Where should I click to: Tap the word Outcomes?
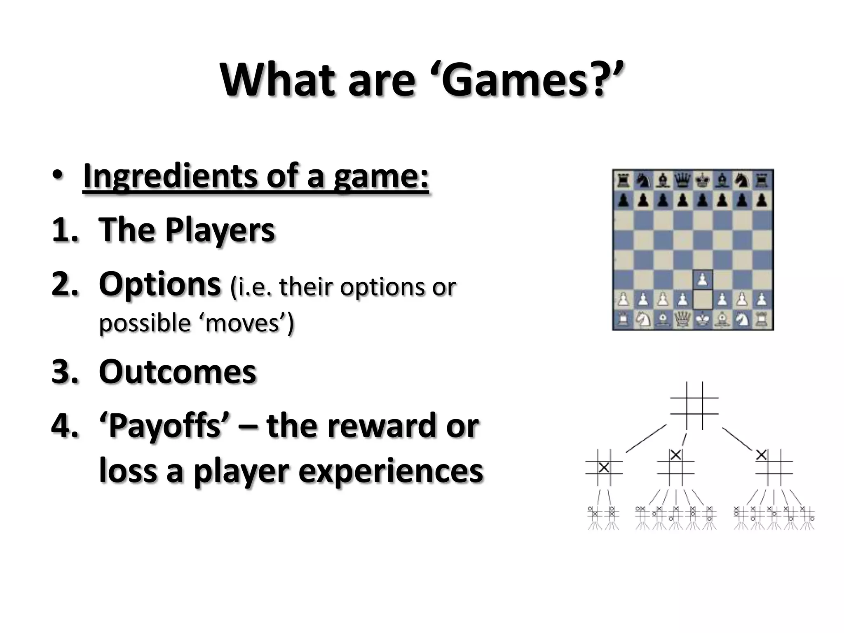(x=178, y=372)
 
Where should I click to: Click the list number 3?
(x=64, y=372)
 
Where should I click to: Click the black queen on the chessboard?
(x=683, y=180)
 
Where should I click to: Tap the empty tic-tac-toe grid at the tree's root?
(x=694, y=406)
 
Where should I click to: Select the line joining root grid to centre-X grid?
(x=645, y=438)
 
